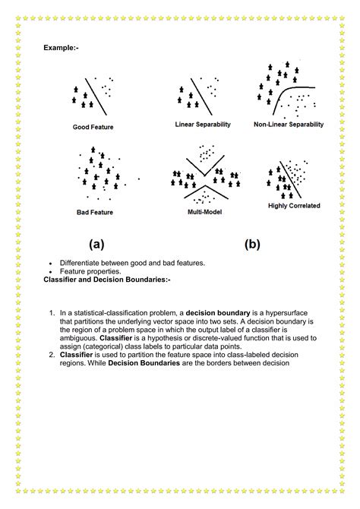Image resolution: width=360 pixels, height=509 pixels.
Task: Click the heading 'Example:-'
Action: (x=62, y=48)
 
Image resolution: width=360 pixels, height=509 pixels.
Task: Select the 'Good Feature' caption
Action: (x=93, y=127)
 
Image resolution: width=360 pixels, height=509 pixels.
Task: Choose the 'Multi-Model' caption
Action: (x=201, y=212)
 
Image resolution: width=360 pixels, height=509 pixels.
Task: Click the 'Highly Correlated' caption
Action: (x=294, y=205)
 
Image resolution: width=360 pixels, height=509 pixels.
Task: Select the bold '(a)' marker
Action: (x=96, y=245)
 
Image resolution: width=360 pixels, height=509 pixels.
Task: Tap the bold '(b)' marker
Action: (x=252, y=245)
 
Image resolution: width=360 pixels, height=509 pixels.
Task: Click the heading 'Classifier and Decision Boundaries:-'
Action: (x=107, y=280)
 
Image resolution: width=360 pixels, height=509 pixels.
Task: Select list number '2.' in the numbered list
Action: (x=51, y=355)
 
